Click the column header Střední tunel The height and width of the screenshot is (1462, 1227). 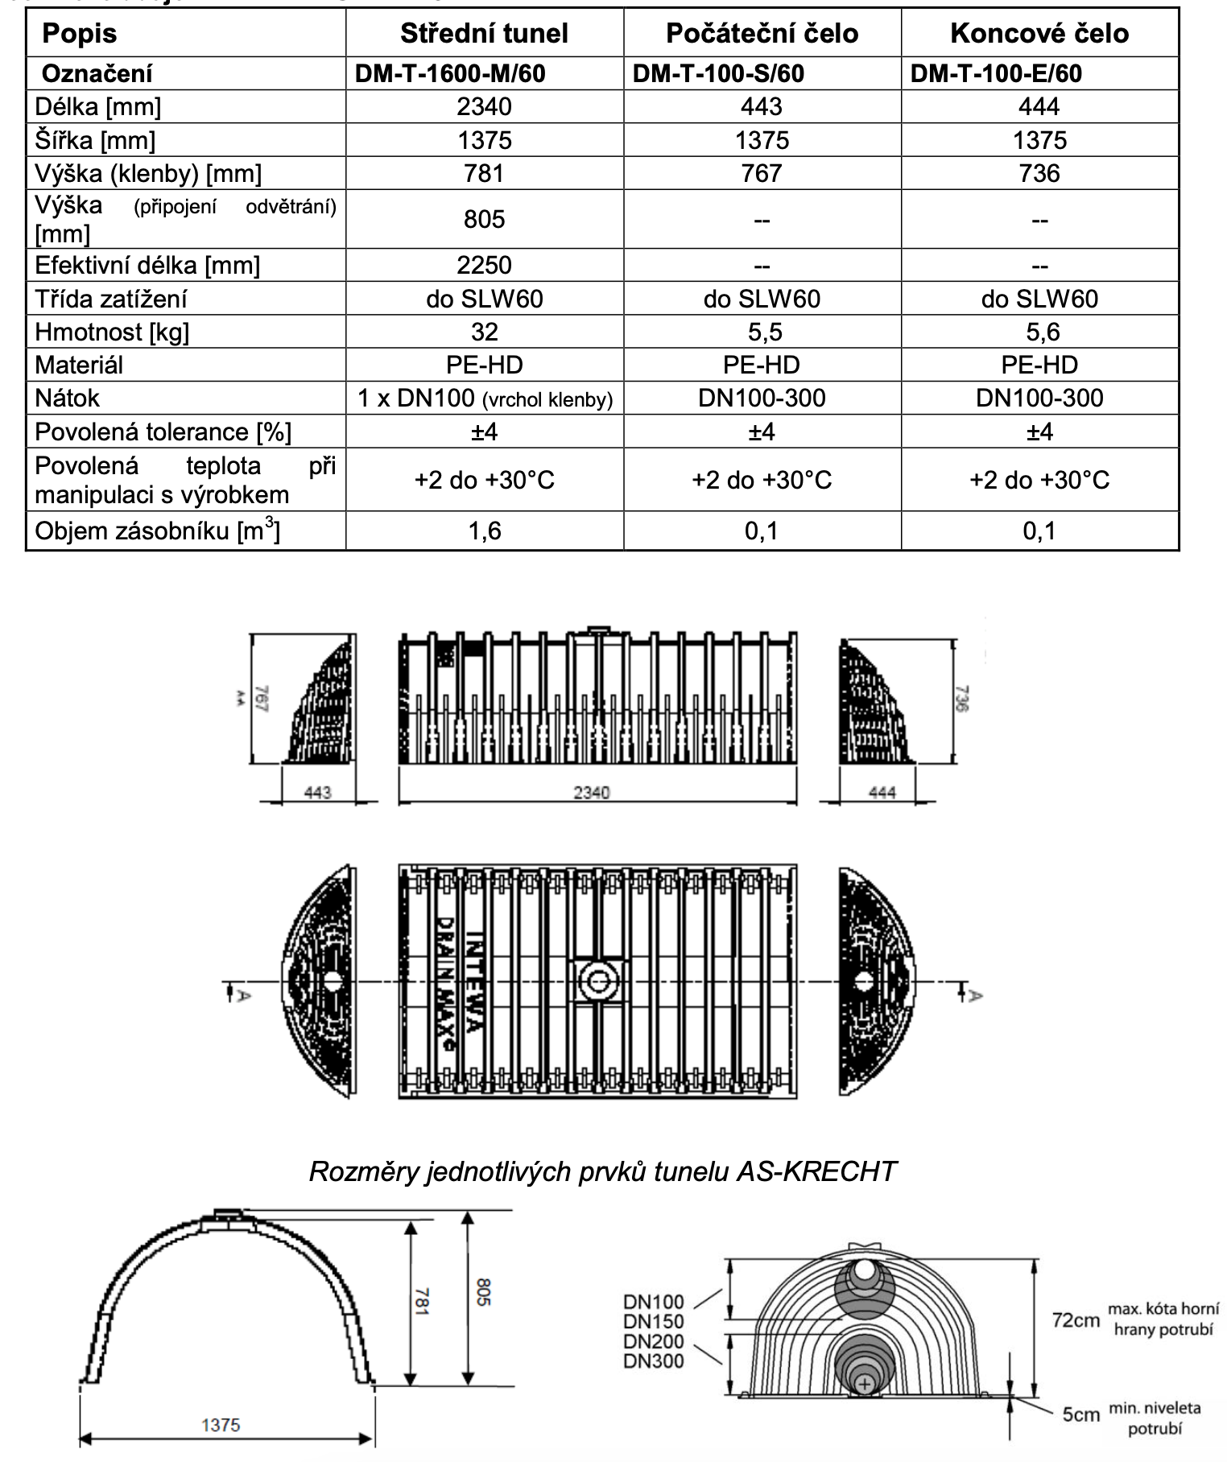click(484, 33)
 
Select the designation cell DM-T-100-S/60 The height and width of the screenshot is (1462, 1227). click(718, 73)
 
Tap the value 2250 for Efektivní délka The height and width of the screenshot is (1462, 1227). click(484, 265)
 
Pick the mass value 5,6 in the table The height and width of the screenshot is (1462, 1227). click(1039, 332)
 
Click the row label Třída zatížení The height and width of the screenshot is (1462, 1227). click(111, 299)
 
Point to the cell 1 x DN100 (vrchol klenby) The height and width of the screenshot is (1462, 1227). click(485, 399)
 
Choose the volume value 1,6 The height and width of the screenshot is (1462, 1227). click(484, 531)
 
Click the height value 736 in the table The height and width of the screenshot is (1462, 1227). click(1039, 173)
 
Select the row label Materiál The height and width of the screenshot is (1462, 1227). click(79, 365)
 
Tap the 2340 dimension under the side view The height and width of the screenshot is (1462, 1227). click(592, 793)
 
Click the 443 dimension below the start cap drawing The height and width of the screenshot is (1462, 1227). click(317, 793)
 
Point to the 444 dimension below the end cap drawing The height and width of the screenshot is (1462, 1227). click(882, 793)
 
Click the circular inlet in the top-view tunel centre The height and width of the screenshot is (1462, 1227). click(597, 981)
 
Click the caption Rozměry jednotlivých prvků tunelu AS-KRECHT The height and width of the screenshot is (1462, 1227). click(602, 1171)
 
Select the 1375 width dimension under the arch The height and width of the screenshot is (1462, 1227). click(221, 1425)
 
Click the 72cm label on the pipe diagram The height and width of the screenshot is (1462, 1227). click(1076, 1321)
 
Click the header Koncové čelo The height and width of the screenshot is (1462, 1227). click(1039, 33)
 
